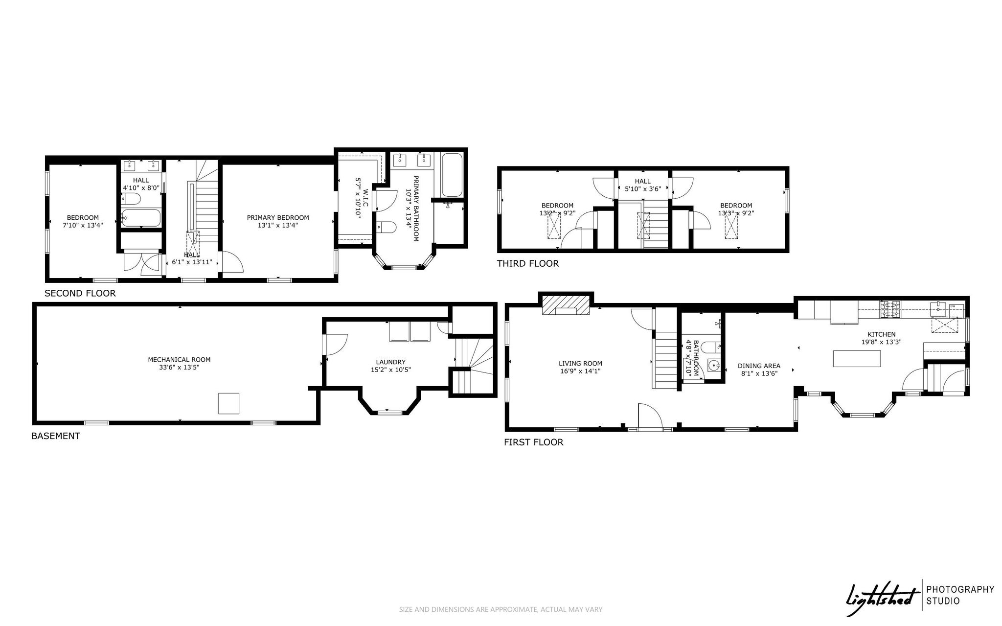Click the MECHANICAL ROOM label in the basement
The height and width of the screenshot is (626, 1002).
[x=179, y=360]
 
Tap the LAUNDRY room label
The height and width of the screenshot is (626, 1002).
[x=390, y=362]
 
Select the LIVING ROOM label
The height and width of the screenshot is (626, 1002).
[x=580, y=363]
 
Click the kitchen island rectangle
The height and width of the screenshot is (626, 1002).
[x=857, y=359]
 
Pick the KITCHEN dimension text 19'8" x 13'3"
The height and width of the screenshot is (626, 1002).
[x=882, y=342]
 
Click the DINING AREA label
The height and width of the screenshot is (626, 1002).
[x=759, y=366]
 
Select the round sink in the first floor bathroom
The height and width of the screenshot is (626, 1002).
[x=714, y=365]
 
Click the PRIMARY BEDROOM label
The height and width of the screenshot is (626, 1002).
[x=278, y=218]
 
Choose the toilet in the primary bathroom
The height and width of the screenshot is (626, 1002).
[x=386, y=228]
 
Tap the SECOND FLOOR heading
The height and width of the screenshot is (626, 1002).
[x=80, y=294]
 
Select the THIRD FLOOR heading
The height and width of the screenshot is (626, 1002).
[x=528, y=264]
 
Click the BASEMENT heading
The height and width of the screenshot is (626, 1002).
[x=56, y=436]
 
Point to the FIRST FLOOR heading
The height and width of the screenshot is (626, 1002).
[x=534, y=442]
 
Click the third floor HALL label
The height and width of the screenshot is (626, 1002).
[x=643, y=182]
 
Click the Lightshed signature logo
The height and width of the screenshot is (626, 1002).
[x=882, y=599]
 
